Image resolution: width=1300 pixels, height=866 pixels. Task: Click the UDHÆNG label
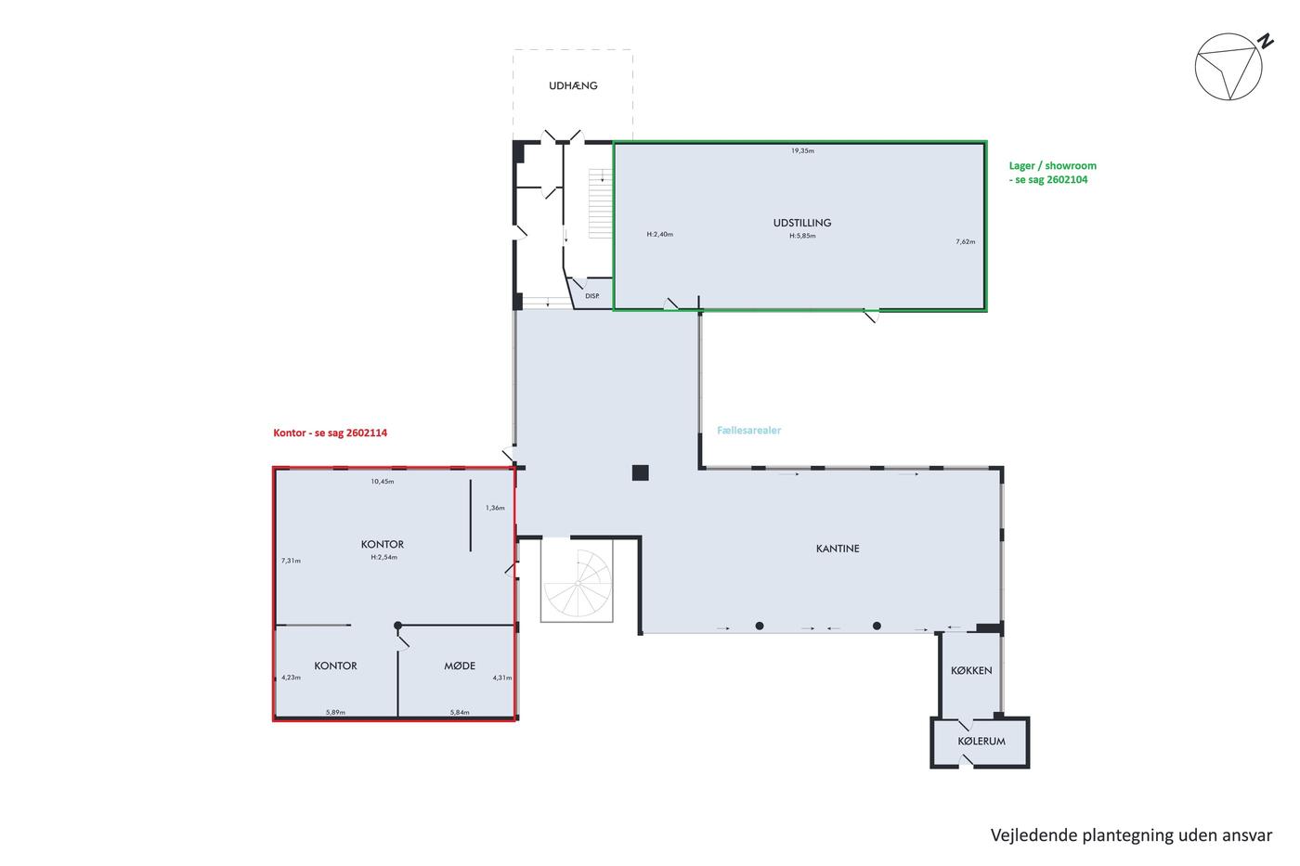coord(573,85)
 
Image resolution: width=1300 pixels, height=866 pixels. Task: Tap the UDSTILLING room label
coord(802,223)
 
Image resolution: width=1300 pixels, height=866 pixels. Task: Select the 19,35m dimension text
coord(802,150)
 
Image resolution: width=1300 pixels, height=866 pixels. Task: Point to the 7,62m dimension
coord(966,242)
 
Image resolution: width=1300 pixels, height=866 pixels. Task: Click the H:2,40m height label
coord(660,234)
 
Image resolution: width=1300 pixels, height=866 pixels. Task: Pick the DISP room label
coord(592,296)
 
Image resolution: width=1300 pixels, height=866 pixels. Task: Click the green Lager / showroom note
coord(1053,173)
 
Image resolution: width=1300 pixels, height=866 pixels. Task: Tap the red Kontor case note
coord(331,433)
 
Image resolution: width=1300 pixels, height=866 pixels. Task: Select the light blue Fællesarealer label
coord(749,431)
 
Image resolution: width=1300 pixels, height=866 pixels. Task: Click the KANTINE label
coord(838,549)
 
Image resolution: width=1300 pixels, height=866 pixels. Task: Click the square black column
coord(640,472)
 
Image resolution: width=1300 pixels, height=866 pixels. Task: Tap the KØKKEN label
coord(971,670)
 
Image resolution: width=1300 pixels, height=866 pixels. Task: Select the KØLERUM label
coord(981,742)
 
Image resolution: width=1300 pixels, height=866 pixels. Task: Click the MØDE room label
coord(460,666)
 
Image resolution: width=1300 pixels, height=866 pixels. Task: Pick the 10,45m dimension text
coord(383,482)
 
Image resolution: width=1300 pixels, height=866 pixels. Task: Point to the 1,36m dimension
coord(495,508)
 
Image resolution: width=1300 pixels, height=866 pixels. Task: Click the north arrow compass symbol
coord(1232,67)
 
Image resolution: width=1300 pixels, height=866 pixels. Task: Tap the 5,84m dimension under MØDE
coord(460,712)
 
